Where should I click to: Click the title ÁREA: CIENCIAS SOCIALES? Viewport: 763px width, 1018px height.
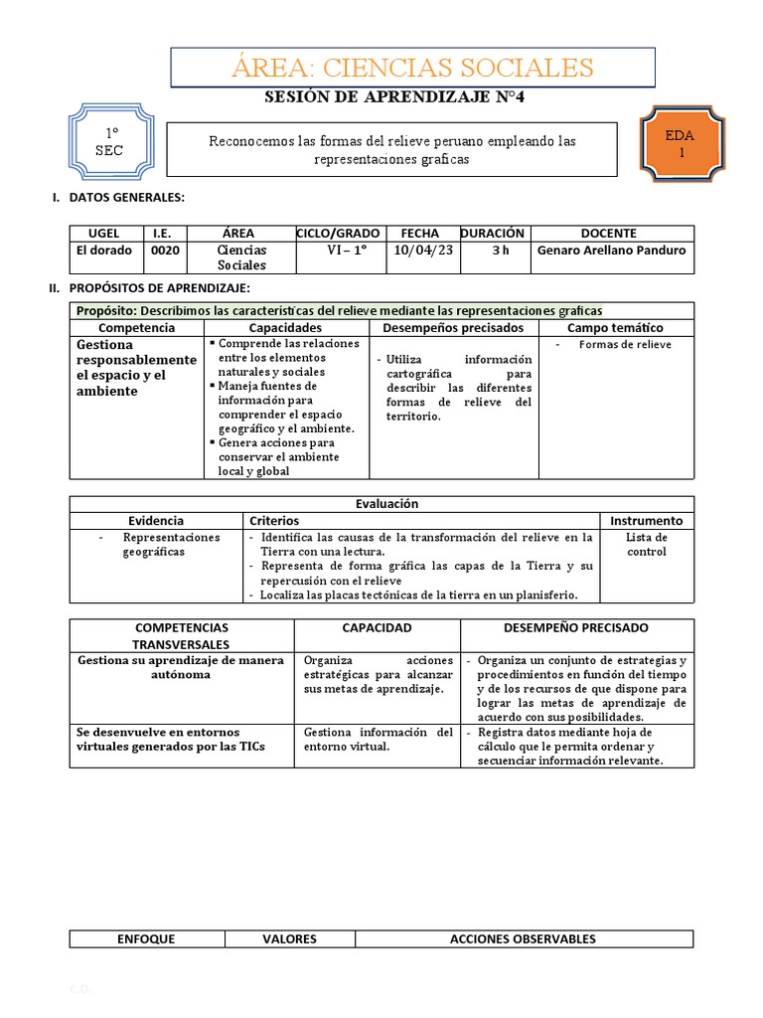[x=412, y=68]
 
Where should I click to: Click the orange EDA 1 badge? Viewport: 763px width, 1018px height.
[x=682, y=144]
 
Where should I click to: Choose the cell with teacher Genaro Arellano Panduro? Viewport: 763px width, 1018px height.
[x=611, y=251]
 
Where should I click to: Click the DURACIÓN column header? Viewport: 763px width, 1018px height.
[x=492, y=233]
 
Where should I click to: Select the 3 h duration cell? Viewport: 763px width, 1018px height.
[x=500, y=251]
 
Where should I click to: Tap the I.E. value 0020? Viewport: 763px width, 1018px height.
[x=165, y=251]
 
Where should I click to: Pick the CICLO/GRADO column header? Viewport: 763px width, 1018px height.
[x=337, y=233]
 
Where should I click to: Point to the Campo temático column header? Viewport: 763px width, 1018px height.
[x=615, y=327]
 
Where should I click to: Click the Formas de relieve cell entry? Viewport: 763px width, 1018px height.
[x=625, y=345]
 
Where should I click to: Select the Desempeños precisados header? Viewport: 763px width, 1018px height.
[x=453, y=327]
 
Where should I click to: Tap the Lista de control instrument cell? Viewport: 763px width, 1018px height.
[x=647, y=544]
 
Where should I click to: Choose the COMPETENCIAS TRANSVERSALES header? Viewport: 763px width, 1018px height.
[x=181, y=636]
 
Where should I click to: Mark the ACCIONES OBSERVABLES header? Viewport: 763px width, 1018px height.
[x=523, y=938]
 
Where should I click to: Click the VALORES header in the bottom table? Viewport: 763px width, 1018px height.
[x=289, y=938]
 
